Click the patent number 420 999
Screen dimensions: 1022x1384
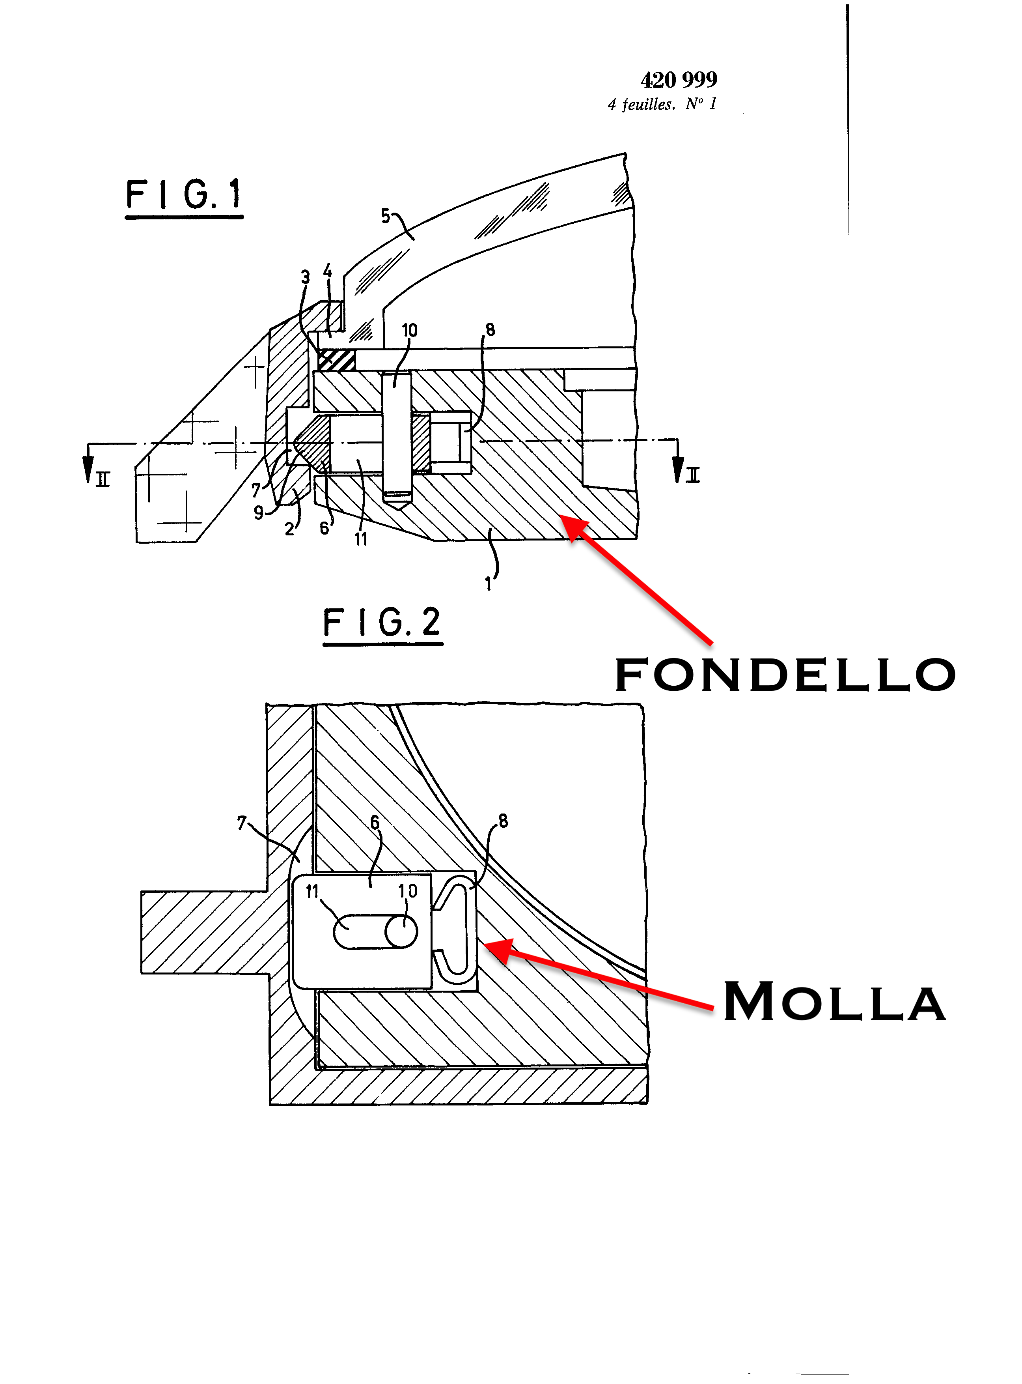679,79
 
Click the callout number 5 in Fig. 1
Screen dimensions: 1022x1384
385,216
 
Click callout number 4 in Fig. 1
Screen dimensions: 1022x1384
327,271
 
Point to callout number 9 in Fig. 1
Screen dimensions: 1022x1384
259,512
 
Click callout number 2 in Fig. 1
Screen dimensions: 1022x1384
289,529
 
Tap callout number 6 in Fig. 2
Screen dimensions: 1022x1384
374,823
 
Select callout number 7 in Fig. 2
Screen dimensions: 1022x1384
241,823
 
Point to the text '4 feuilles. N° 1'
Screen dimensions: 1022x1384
662,104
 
